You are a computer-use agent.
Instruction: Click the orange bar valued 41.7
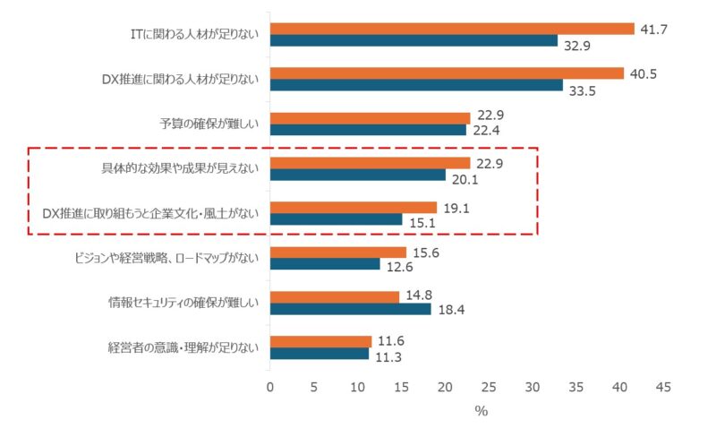point(452,29)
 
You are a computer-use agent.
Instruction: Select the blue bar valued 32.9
point(413,40)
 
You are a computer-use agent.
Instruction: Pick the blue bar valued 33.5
point(416,85)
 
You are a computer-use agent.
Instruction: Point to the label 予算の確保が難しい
point(208,124)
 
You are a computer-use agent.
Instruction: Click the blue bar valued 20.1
point(358,175)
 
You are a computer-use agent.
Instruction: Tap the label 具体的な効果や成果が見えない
point(180,169)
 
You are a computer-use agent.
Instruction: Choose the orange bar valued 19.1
point(354,208)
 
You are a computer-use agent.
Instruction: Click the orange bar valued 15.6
point(338,253)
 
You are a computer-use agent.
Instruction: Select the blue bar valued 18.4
point(350,309)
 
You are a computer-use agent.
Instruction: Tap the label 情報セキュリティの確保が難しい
point(183,304)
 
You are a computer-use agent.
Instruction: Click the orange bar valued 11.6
point(320,342)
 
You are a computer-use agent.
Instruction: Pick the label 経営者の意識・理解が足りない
point(183,348)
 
